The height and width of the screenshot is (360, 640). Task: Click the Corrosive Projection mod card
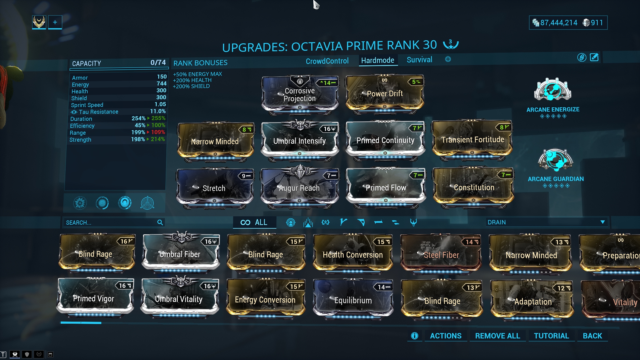tap(300, 95)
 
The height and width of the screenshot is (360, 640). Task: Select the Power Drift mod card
tap(385, 94)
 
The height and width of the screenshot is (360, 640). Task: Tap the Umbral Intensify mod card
tap(300, 141)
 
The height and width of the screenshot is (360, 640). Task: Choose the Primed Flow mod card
tap(386, 188)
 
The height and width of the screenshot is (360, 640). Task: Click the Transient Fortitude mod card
tap(472, 140)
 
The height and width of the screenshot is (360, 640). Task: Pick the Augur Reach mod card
tap(300, 188)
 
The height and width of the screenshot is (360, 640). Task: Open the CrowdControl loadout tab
tap(327, 61)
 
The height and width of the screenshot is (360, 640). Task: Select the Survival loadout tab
tap(419, 60)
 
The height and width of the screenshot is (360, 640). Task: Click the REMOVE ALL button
tap(497, 336)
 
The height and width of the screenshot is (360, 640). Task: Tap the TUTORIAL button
tap(551, 336)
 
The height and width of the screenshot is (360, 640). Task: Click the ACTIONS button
tap(446, 336)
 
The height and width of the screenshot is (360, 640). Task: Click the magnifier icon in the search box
tap(160, 222)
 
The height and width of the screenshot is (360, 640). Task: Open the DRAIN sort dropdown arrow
tap(602, 222)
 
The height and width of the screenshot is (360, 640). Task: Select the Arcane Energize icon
tap(553, 90)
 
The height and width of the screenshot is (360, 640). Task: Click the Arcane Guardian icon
tap(555, 160)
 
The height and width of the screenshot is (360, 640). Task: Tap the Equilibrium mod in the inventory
tap(353, 300)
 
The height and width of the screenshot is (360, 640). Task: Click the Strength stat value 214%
tap(158, 139)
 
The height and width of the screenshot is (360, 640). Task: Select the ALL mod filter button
tap(254, 222)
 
